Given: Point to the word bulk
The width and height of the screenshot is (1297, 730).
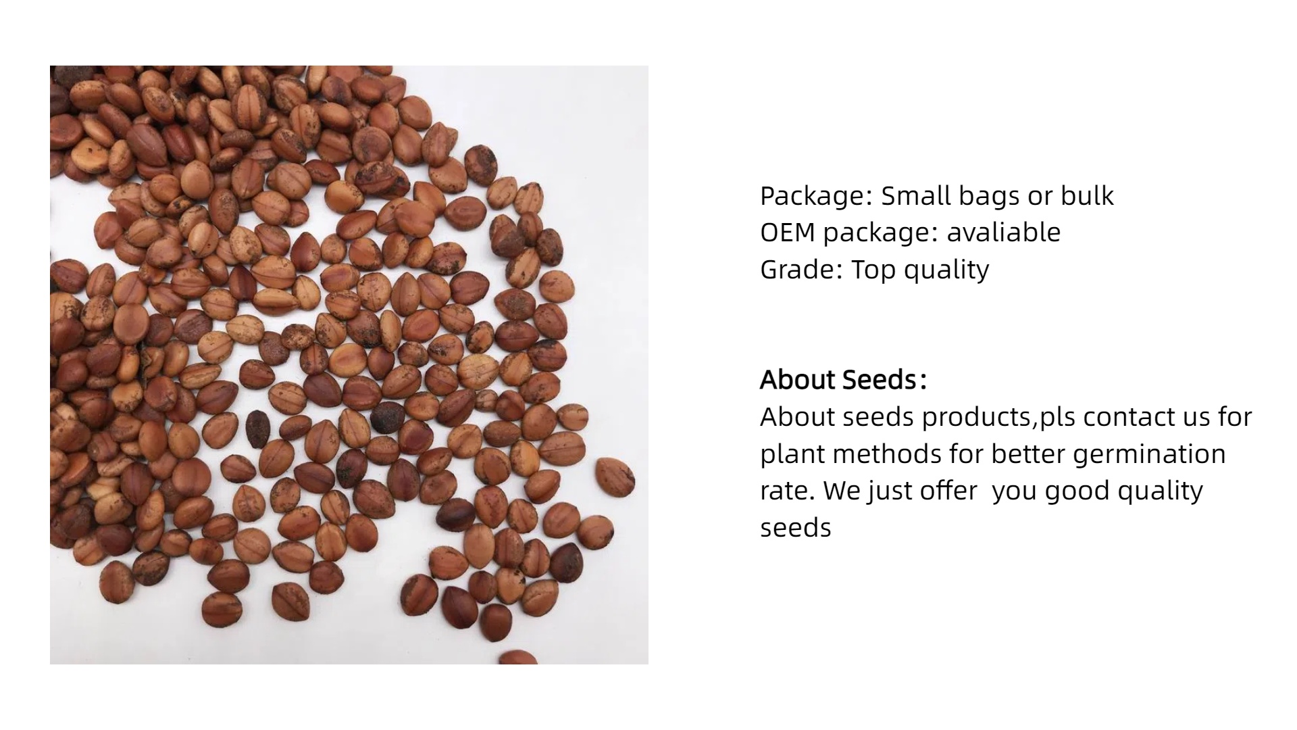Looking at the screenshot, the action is pyautogui.click(x=1087, y=195).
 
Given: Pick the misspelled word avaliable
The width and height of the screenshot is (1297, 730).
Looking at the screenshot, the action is pyautogui.click(x=1003, y=232).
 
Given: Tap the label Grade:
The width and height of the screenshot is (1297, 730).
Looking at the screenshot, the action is pyautogui.click(x=802, y=269).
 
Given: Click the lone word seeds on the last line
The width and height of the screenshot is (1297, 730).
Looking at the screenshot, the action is pyautogui.click(x=795, y=528).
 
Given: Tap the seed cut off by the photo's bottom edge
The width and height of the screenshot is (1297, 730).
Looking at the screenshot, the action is pyautogui.click(x=519, y=657).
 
